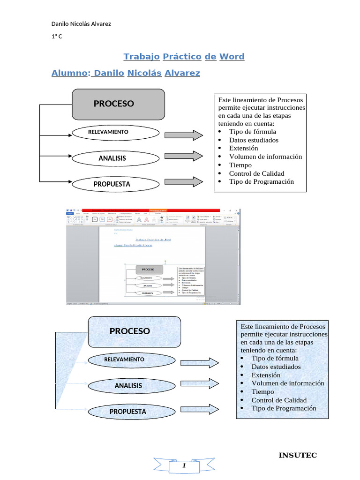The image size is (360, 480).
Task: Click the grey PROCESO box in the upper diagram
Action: (x=118, y=104)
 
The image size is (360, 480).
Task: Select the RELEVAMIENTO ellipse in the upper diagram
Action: (x=108, y=133)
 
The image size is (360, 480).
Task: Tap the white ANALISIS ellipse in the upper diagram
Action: (x=112, y=158)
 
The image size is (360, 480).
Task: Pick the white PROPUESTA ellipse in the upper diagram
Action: (x=112, y=184)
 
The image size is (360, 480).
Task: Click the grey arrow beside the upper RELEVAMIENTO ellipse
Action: (x=184, y=135)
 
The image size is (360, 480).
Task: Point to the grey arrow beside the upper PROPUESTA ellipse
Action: (x=184, y=181)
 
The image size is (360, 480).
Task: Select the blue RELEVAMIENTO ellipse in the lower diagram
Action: (x=124, y=360)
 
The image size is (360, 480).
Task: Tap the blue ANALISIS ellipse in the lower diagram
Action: (x=128, y=386)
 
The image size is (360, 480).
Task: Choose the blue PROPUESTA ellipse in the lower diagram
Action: (x=127, y=412)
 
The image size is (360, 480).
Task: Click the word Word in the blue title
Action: (x=232, y=57)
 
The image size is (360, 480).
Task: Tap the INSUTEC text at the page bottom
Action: (x=298, y=455)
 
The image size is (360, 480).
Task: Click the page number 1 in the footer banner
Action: (x=184, y=466)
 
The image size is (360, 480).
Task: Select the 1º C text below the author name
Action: (x=57, y=37)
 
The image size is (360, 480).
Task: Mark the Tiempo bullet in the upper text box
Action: (x=240, y=165)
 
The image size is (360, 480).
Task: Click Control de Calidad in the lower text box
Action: (x=278, y=400)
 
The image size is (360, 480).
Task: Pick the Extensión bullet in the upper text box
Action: (x=243, y=148)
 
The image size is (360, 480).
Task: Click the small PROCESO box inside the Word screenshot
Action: (x=149, y=270)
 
